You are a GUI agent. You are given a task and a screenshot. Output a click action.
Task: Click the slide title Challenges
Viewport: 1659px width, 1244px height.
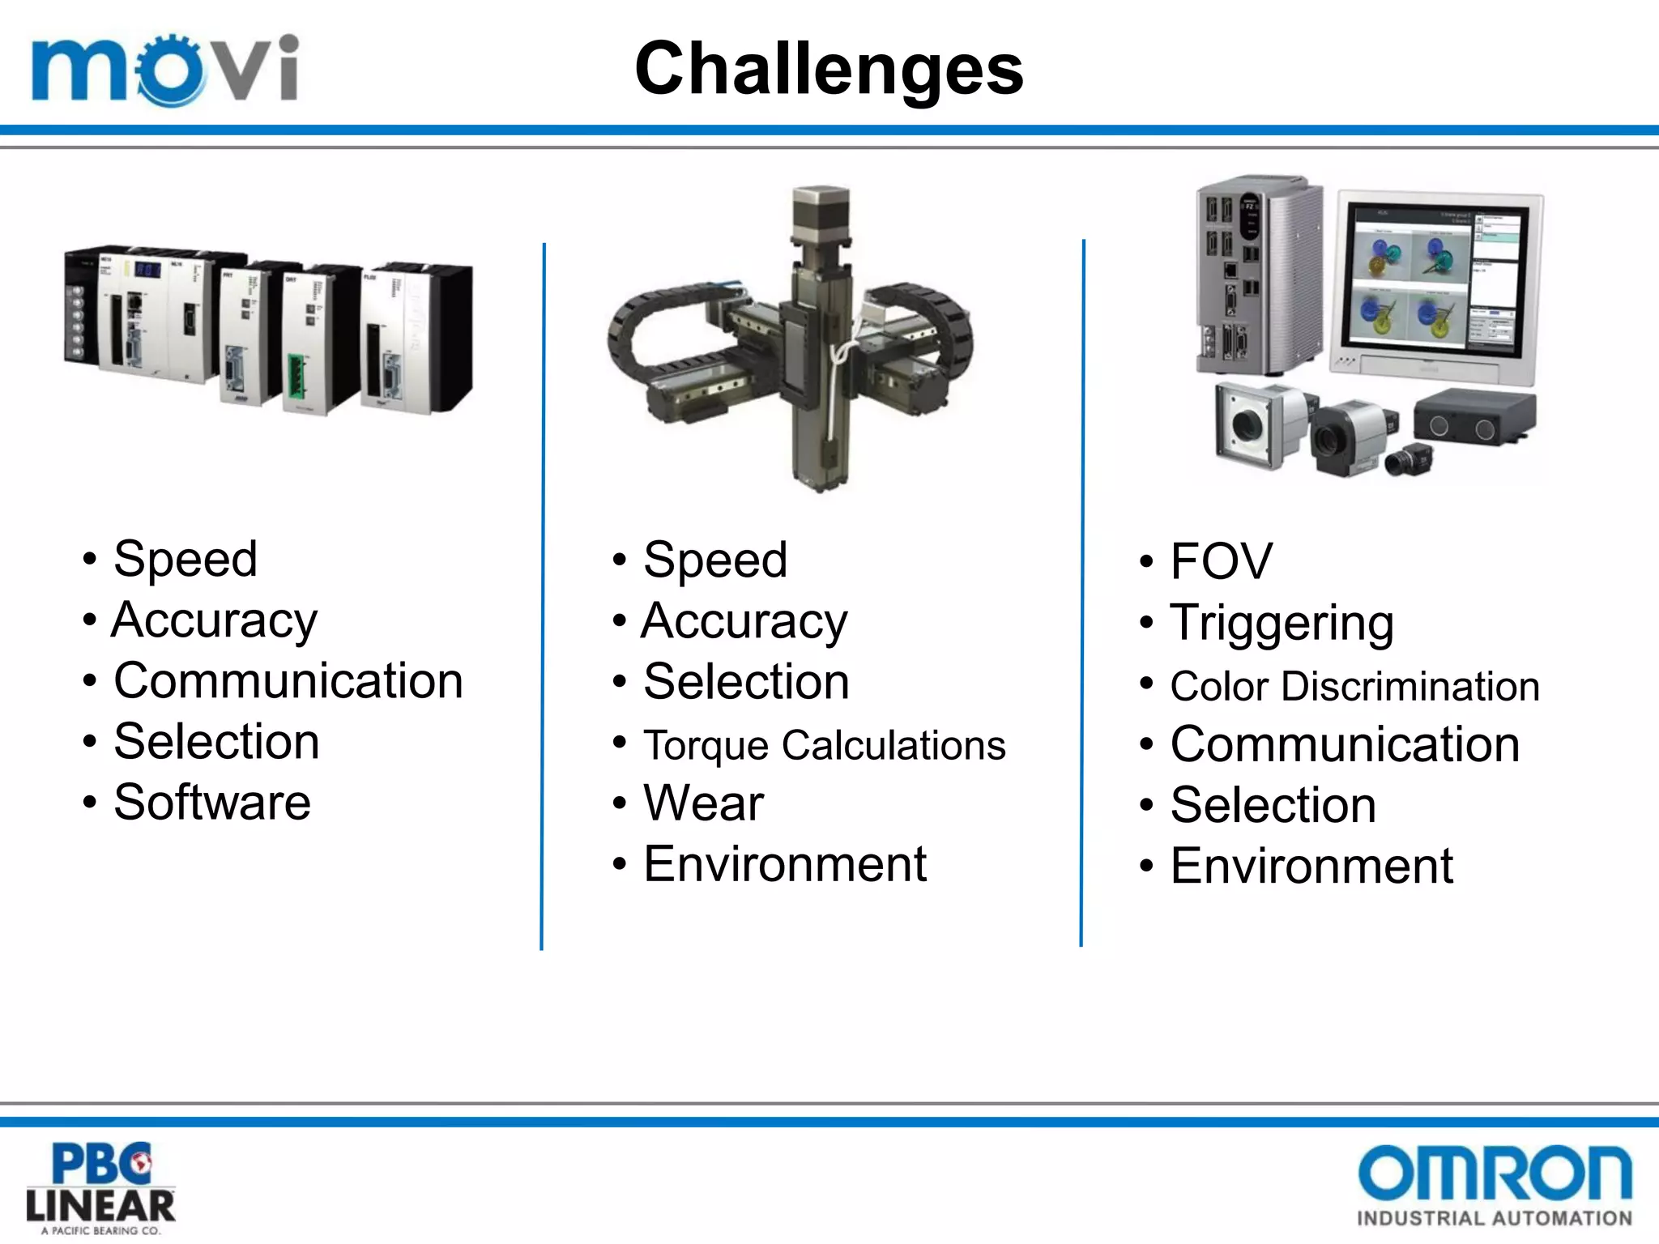pos(829,70)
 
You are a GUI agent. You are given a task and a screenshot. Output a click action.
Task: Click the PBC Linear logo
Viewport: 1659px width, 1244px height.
pos(100,1187)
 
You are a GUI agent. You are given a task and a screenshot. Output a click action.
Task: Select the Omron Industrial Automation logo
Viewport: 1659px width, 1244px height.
pos(1495,1184)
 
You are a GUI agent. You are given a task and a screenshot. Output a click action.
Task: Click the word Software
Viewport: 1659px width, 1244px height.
pos(212,803)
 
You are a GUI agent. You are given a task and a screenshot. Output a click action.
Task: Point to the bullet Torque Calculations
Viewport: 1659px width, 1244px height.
pos(824,745)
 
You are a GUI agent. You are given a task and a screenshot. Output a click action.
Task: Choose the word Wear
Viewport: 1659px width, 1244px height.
pos(703,803)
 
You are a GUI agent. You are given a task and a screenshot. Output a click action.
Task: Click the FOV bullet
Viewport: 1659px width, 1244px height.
pos(1221,561)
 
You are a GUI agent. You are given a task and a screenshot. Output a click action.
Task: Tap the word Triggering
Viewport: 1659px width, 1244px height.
pos(1282,624)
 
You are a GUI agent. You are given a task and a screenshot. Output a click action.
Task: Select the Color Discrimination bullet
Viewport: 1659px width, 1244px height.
pos(1354,687)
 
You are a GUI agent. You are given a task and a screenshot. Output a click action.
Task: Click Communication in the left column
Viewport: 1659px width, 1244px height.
pos(288,680)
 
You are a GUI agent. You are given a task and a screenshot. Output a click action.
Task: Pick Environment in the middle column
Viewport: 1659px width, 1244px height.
pos(784,864)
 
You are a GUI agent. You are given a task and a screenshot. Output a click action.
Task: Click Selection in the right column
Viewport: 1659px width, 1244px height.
pos(1273,806)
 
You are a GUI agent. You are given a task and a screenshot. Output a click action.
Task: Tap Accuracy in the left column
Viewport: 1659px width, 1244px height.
pos(215,621)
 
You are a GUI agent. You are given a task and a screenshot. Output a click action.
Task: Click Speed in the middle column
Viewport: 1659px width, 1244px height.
pos(714,560)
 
